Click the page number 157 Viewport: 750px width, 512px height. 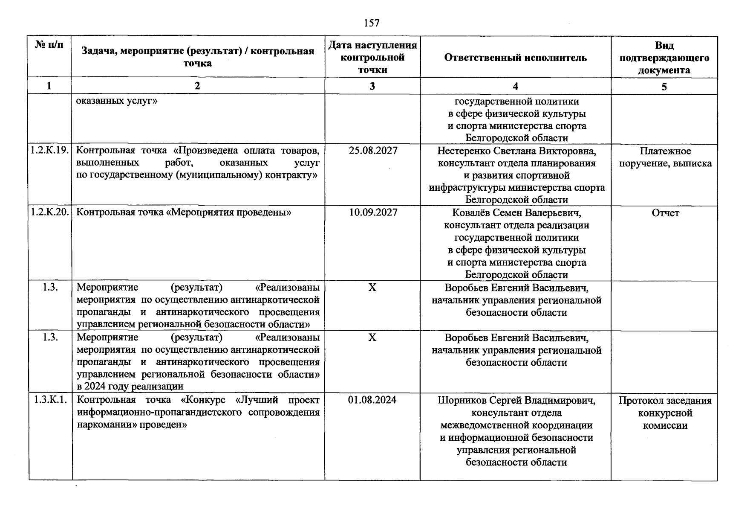tap(372, 23)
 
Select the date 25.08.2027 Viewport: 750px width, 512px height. tap(373, 151)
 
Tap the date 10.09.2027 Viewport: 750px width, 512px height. tap(373, 212)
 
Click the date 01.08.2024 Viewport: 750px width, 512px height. tap(372, 400)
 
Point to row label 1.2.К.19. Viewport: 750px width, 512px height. tap(49, 151)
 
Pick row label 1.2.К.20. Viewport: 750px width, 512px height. tap(49, 212)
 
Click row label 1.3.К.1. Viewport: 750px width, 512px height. tap(50, 400)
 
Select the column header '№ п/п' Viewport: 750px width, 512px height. tap(49, 45)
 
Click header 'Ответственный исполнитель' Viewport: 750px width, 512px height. tap(515, 58)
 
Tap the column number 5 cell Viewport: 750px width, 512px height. tap(664, 87)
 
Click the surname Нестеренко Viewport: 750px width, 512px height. tap(464, 151)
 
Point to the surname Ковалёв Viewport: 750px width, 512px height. tap(470, 212)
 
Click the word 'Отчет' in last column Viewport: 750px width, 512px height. tap(665, 213)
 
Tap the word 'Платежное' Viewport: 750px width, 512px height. tap(665, 151)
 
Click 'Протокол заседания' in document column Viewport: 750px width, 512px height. tap(665, 401)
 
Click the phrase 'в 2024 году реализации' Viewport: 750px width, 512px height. tap(130, 387)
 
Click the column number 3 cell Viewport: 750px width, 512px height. tap(372, 86)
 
